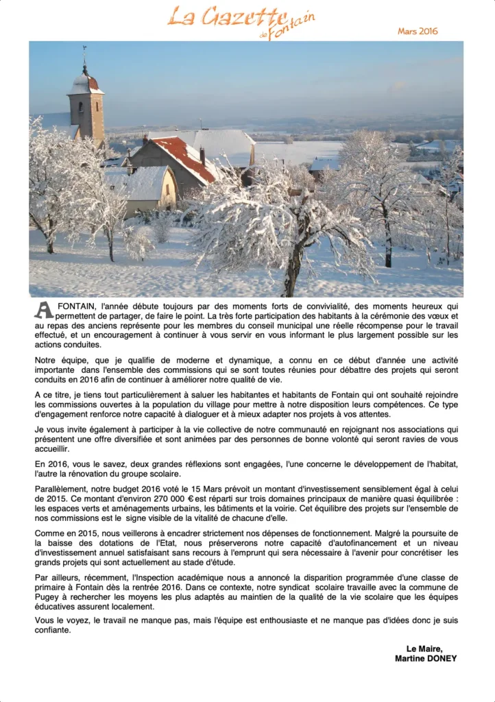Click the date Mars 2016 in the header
(x=418, y=31)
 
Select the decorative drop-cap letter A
(x=43, y=309)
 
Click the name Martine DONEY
(x=426, y=658)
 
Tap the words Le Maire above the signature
(x=424, y=649)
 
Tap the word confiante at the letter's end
(x=53, y=630)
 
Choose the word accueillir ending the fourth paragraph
(x=51, y=448)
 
